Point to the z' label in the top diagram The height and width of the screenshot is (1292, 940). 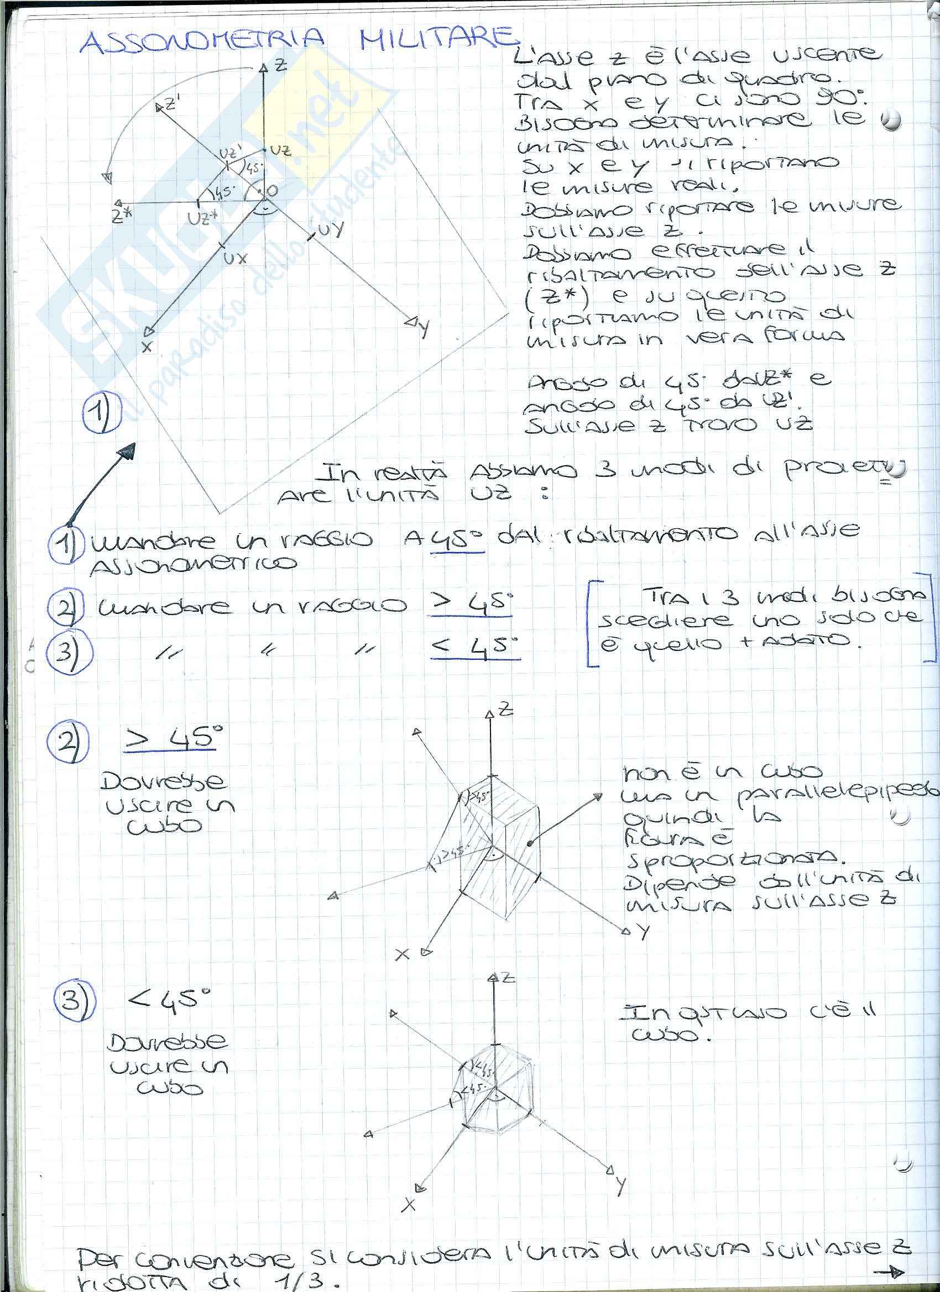tap(170, 104)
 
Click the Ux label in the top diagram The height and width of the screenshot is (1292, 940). tap(235, 258)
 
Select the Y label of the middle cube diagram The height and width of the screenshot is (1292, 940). tap(643, 931)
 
